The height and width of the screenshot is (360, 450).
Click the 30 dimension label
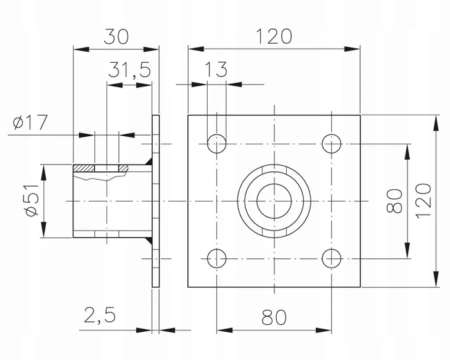click(x=117, y=36)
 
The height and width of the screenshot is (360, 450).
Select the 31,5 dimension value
click(x=129, y=70)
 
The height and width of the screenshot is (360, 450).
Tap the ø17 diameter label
click(x=30, y=122)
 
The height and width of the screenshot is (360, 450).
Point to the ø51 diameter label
click(x=32, y=200)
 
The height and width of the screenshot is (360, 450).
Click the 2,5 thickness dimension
click(x=100, y=315)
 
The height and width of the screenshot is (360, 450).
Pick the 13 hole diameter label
click(x=216, y=69)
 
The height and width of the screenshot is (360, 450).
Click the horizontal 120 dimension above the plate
click(x=274, y=36)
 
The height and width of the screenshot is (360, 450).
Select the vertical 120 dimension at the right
click(x=424, y=201)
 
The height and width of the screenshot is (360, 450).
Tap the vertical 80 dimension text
click(x=395, y=201)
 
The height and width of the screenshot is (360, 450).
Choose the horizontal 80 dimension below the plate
click(x=274, y=317)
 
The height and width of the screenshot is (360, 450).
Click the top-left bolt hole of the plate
click(x=216, y=144)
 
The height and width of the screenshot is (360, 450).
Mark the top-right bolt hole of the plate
click(x=332, y=144)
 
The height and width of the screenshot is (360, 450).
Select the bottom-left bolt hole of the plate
click(x=216, y=258)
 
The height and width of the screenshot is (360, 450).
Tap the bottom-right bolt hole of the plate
click(x=332, y=258)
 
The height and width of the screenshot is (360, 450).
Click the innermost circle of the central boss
click(x=274, y=184)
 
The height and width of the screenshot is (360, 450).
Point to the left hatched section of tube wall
click(x=84, y=168)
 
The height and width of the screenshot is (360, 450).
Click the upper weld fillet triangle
click(x=149, y=162)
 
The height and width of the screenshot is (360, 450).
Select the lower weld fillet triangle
click(x=149, y=240)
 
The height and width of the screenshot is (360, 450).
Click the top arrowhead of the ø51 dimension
click(x=43, y=173)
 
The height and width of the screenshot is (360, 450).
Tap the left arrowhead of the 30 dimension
click(x=81, y=49)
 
